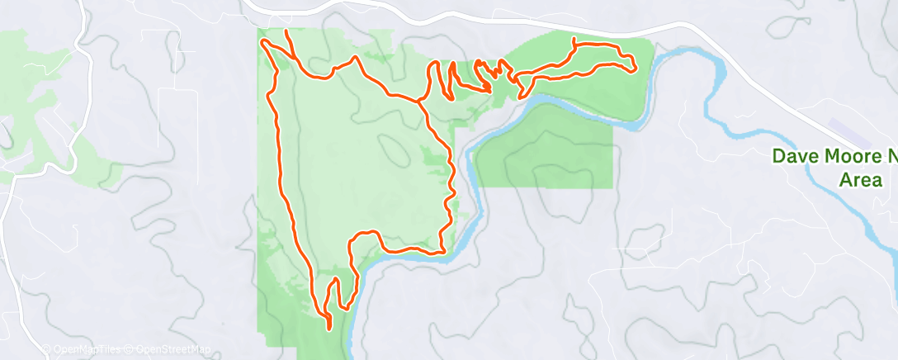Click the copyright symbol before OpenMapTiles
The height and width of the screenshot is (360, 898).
click(46, 349)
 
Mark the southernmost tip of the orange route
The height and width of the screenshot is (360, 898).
click(329, 329)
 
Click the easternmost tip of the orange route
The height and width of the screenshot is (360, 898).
click(635, 69)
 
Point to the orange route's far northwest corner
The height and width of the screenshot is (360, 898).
click(261, 41)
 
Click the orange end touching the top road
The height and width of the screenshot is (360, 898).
click(286, 31)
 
